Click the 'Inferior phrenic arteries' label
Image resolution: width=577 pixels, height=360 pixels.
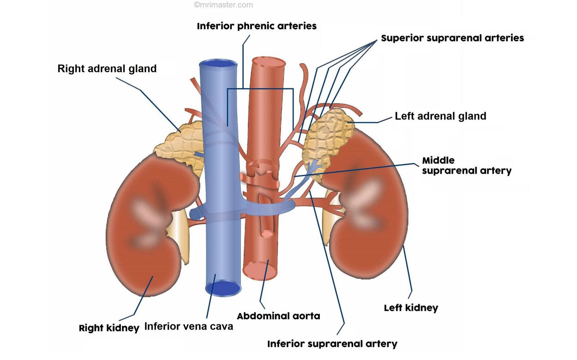[x=256, y=26]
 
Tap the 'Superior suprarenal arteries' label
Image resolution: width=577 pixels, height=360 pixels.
[x=452, y=38]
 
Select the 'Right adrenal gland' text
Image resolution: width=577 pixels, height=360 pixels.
[x=107, y=69]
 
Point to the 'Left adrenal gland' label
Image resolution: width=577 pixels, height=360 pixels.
[x=440, y=116]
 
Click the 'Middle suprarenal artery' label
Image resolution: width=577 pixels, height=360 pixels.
[x=466, y=165]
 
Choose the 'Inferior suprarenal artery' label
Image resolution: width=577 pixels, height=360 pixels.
[x=332, y=344]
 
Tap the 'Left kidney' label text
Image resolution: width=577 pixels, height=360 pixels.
[x=411, y=308]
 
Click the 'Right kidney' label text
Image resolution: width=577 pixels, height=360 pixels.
[x=109, y=328]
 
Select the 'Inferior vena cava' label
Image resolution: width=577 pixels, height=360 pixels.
[x=189, y=326]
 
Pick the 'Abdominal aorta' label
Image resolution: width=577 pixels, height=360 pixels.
[x=278, y=316]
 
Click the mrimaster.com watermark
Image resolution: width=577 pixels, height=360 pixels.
[x=224, y=5]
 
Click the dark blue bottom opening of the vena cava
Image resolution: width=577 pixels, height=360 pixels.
[x=223, y=288]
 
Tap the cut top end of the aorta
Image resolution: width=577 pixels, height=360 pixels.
[x=268, y=62]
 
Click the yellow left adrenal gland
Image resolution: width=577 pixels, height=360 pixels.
[x=326, y=137]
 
